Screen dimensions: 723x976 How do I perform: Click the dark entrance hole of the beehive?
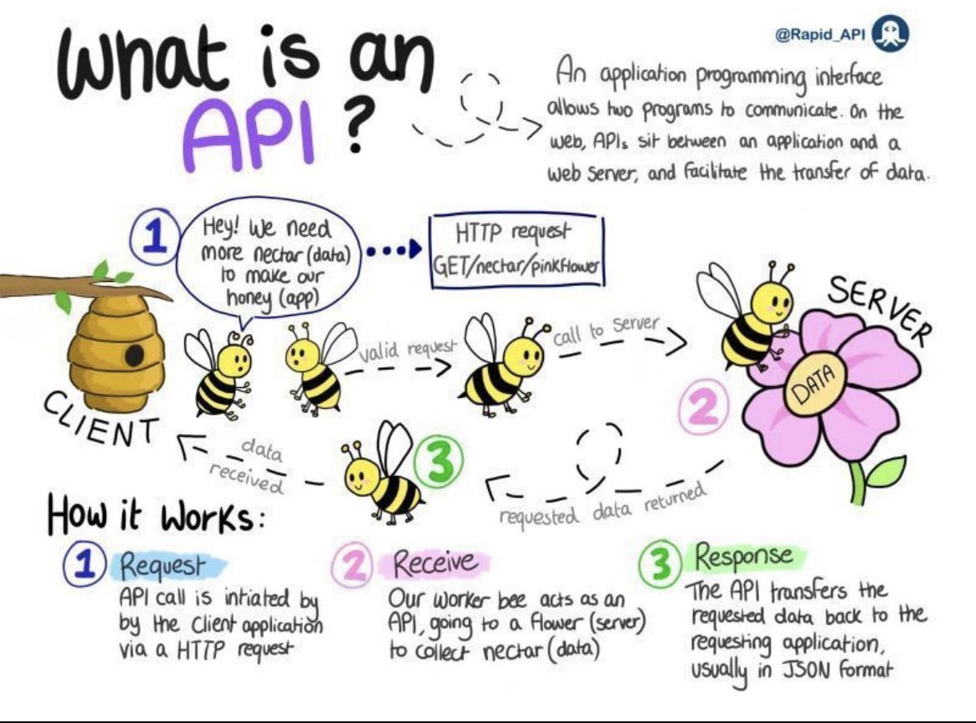pyautogui.click(x=133, y=356)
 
